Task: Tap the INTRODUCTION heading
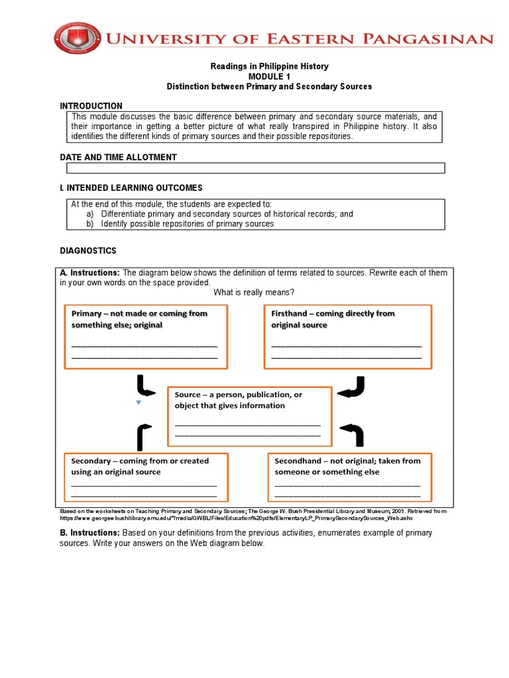91,106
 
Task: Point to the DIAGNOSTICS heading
88,251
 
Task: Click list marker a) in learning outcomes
91,214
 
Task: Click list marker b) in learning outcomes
91,224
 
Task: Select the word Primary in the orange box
86,314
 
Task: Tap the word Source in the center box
188,395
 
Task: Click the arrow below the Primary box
146,386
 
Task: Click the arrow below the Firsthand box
351,387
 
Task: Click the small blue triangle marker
138,403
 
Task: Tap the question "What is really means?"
254,293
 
